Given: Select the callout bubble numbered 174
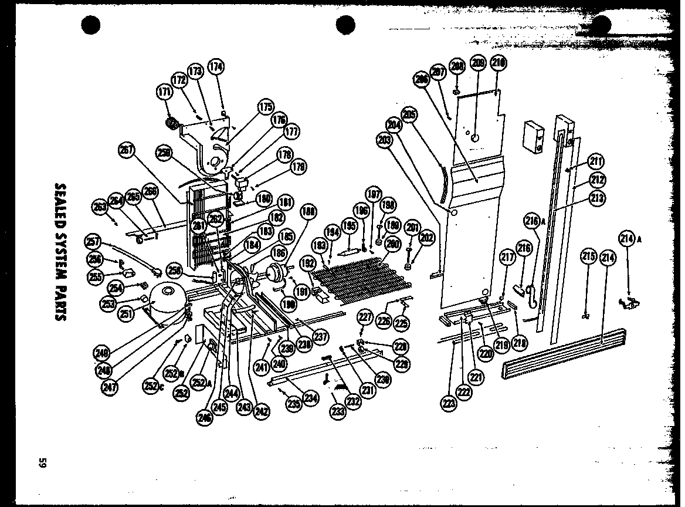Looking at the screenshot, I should click(216, 66).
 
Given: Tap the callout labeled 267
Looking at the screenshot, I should click(126, 150).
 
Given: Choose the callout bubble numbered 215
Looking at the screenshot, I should click(588, 256).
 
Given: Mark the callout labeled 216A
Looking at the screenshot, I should click(532, 221).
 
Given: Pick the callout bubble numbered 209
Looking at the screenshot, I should click(479, 64).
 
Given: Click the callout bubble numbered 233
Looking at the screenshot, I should click(338, 412).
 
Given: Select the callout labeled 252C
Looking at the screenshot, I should click(151, 386).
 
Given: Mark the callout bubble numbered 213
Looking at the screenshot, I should click(598, 198).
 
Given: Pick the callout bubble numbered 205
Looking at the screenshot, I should click(409, 114).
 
